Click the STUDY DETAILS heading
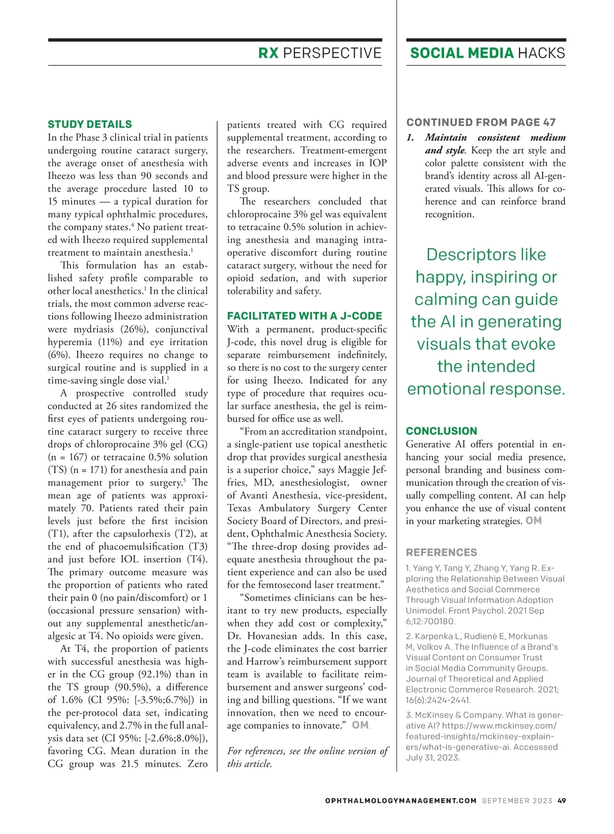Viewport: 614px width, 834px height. tap(90, 124)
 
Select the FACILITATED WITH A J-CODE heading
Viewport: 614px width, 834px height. tap(304, 316)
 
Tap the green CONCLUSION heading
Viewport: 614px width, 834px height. tap(441, 431)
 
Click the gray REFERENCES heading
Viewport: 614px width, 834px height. tap(441, 552)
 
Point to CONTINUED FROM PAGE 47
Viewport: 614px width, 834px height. tap(480, 122)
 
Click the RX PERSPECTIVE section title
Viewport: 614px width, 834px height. tap(320, 53)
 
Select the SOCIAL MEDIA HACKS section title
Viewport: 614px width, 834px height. tap(487, 53)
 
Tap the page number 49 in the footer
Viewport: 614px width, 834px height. tap(562, 801)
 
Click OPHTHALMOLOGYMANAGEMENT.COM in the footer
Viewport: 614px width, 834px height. tap(401, 801)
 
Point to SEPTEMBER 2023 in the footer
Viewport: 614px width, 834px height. tap(517, 801)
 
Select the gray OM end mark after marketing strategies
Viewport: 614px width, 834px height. tap(534, 521)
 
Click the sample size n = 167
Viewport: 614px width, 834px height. tap(67, 457)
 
